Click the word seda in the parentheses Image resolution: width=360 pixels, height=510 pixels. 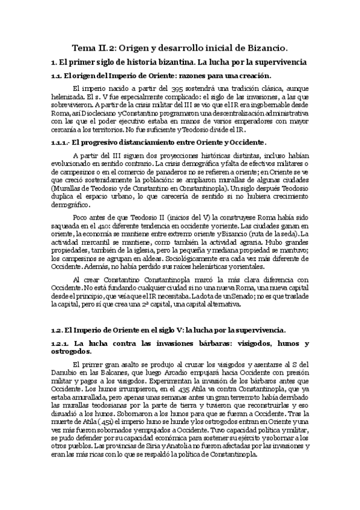[x=290, y=233]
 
